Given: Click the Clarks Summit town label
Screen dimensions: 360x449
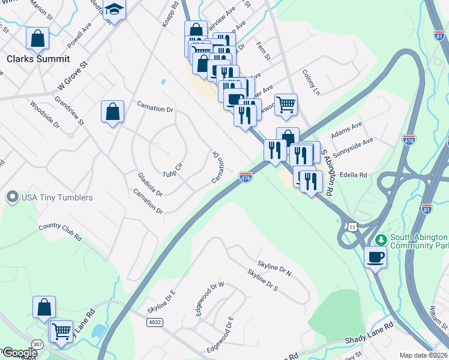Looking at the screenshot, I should [x=38, y=59].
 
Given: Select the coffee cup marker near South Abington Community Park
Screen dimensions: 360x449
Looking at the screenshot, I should [x=376, y=257].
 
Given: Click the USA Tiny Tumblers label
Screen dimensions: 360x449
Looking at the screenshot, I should [x=57, y=197].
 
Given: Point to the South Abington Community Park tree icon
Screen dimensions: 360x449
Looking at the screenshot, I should [x=380, y=240].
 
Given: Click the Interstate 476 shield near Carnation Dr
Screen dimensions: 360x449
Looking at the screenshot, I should [x=246, y=177].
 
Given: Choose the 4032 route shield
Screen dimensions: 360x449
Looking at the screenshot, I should [x=154, y=322].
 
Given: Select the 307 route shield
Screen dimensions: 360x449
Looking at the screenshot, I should [x=37, y=343].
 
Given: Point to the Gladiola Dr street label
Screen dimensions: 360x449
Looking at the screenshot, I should [x=150, y=184].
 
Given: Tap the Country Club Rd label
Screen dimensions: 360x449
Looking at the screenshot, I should [x=59, y=231].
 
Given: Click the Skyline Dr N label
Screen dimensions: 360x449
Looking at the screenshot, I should [x=274, y=268].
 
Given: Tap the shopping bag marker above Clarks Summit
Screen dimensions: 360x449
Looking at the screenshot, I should [x=38, y=38].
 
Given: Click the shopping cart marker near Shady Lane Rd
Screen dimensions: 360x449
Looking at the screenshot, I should [x=61, y=331].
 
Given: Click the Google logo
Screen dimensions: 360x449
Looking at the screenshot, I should [x=19, y=353].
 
